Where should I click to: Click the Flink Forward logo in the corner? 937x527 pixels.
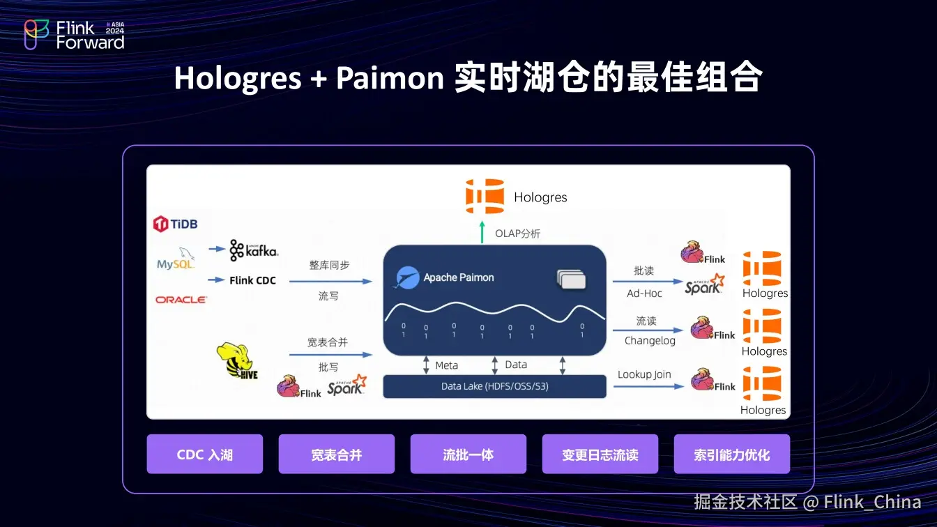(x=74, y=34)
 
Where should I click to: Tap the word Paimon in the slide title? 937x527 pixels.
(x=390, y=78)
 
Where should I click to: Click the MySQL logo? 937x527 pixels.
(x=176, y=259)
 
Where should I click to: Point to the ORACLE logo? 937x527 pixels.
(x=181, y=300)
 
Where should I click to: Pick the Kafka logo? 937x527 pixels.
(x=253, y=250)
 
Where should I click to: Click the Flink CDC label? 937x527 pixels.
(x=252, y=280)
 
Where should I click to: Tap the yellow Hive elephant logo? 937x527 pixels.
(x=237, y=361)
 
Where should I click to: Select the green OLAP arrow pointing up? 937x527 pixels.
(x=482, y=233)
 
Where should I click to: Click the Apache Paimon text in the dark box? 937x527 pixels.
(x=458, y=277)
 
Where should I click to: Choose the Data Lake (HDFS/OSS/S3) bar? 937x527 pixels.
(x=494, y=386)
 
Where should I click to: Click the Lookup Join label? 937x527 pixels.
(x=644, y=374)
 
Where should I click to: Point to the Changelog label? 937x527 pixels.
(x=650, y=341)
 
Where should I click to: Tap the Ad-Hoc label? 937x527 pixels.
(x=644, y=293)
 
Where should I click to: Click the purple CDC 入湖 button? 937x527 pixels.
(x=204, y=455)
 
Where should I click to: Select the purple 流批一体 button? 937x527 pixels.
(x=468, y=455)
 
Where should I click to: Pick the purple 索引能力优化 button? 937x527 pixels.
(x=731, y=455)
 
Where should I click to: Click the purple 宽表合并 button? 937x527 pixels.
(x=336, y=455)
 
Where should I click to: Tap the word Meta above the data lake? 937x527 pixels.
(x=447, y=365)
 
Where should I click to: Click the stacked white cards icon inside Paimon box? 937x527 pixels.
(x=571, y=279)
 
